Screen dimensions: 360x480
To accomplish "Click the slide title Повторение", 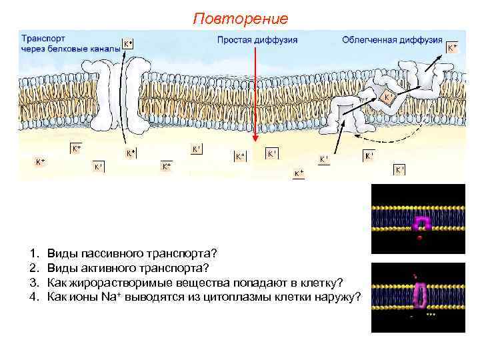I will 240,18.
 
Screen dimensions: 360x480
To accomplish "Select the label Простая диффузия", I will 257,40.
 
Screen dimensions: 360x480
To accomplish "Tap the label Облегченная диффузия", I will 392,40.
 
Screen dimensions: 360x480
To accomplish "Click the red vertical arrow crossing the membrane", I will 254,100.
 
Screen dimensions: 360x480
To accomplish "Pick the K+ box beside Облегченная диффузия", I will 453,48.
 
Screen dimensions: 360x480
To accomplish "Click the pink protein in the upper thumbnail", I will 420,225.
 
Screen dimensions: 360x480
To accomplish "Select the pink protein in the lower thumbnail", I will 420,294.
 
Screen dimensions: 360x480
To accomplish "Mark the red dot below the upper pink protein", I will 419,238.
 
